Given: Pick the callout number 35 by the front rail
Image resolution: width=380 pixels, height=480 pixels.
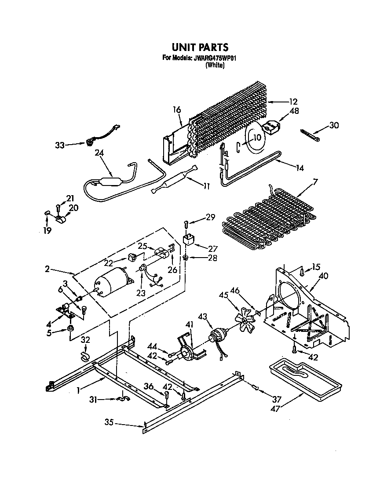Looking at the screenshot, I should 109,423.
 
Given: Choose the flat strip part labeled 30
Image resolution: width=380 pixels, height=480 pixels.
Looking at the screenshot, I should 311,135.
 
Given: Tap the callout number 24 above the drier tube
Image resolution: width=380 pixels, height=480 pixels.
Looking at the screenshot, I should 99,154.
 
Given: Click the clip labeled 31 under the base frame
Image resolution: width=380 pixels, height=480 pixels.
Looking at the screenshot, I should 121,400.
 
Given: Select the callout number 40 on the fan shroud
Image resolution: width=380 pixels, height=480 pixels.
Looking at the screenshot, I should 324,276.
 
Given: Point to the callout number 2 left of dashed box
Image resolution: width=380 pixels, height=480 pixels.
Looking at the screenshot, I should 47,269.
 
